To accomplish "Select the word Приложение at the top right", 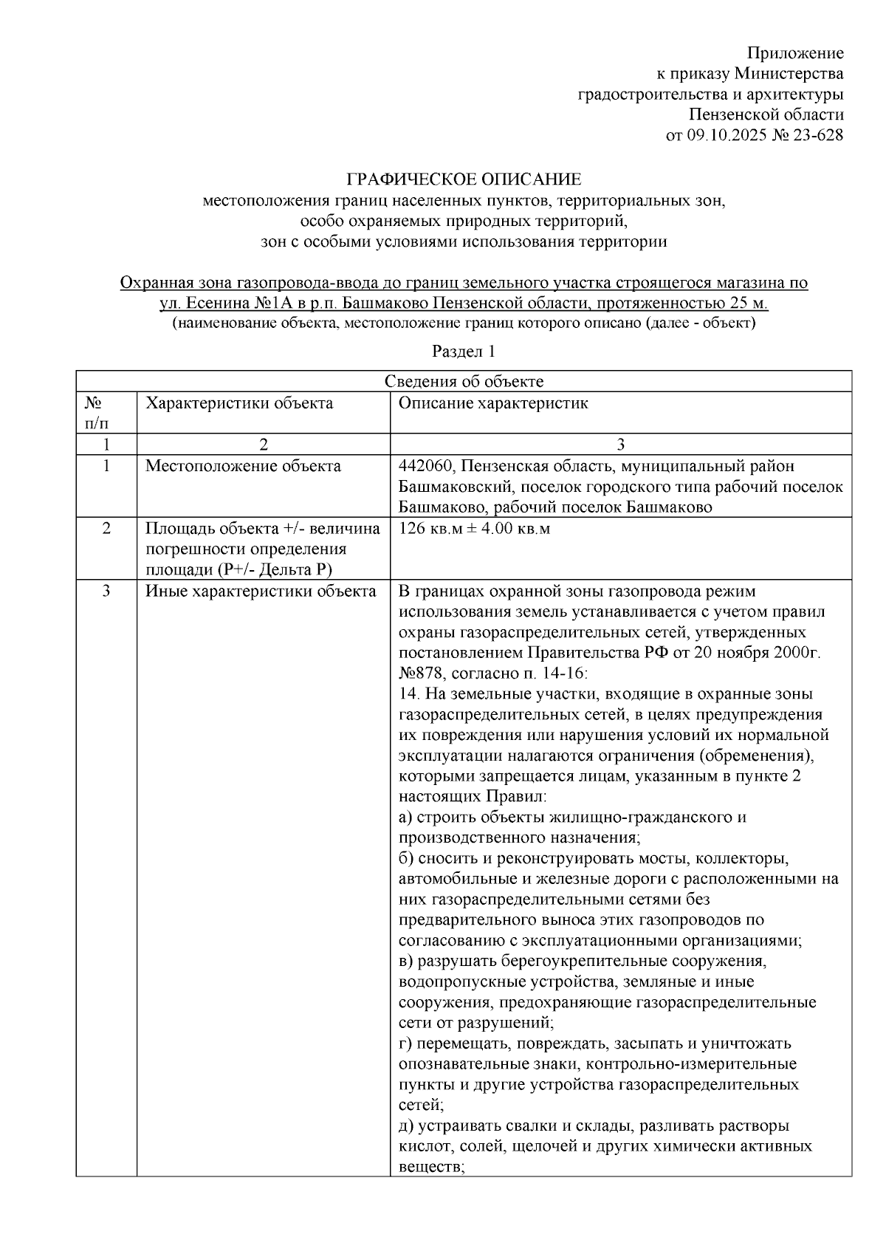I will coord(795,52).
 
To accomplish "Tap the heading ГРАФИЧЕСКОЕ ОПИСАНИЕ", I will coord(464,179).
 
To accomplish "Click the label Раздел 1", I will coord(463,351).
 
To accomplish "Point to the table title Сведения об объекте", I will coord(464,381).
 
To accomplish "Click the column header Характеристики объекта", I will coord(239,403).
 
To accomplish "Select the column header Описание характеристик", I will coord(493,403).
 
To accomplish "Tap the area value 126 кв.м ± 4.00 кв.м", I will coord(474,529).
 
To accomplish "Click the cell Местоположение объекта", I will coord(243,466).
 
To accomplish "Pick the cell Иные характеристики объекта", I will coord(260,592).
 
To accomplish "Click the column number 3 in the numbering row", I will coord(620,444).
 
